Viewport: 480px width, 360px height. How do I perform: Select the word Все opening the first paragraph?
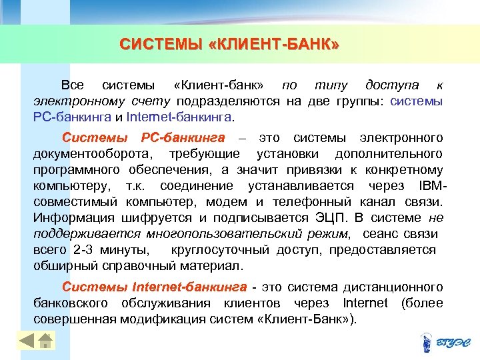pyautogui.click(x=72, y=85)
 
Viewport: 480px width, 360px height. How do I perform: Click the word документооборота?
pyautogui.click(x=93, y=154)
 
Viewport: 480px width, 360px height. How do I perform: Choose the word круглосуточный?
pyautogui.click(x=221, y=250)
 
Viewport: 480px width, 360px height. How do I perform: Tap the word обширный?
pyautogui.click(x=60, y=266)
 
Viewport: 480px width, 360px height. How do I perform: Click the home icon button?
pyautogui.click(x=45, y=341)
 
